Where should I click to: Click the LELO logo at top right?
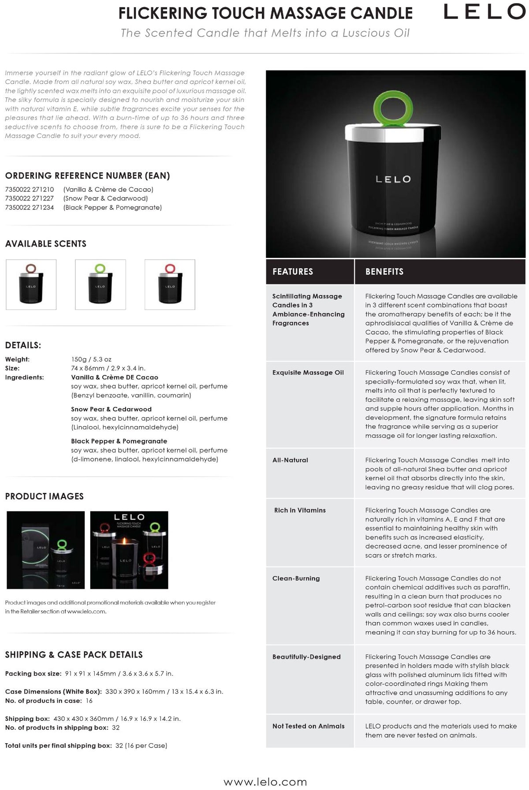pos(484,12)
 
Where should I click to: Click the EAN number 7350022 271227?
pos(30,198)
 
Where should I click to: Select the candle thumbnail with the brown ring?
pos(31,284)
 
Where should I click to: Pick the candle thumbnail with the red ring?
pos(170,284)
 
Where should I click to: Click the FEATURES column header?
pos(293,272)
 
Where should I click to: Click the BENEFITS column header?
pos(384,272)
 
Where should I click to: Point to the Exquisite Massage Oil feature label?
pos(308,373)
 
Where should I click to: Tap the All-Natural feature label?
pos(290,460)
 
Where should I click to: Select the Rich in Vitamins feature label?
pos(300,510)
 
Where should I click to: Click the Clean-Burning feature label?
pos(296,578)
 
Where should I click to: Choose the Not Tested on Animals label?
pos(309,726)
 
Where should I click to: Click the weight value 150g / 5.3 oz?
pos(91,359)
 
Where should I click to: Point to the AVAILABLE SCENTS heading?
pos(46,244)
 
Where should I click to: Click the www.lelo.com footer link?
pos(265,782)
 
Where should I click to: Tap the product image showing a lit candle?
pos(129,550)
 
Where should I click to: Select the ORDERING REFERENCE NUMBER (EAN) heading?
pos(87,176)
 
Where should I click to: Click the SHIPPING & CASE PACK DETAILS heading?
pos(74,655)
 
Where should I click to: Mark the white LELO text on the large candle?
pos(393,179)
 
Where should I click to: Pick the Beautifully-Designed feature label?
pos(306,657)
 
